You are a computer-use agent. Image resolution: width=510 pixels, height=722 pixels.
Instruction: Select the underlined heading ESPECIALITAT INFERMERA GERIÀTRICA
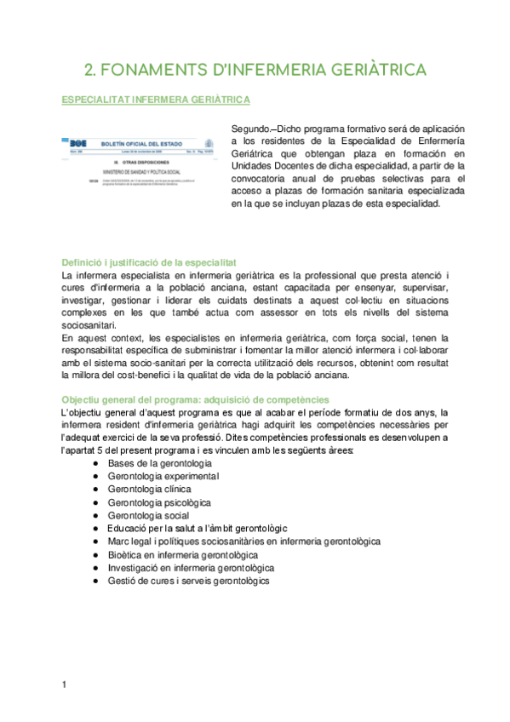[x=157, y=100]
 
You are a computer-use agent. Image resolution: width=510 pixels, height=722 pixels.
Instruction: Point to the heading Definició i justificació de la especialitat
[x=149, y=262]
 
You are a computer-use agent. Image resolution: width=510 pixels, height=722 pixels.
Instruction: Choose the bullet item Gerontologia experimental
[x=163, y=476]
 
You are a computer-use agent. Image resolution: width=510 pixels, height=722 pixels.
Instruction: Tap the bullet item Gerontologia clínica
[x=150, y=489]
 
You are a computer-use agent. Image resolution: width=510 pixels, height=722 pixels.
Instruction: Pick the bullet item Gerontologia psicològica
[x=158, y=502]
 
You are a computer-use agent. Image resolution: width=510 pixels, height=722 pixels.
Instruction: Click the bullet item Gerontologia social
[x=148, y=515]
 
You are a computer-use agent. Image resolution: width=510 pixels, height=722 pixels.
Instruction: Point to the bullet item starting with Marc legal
[x=244, y=541]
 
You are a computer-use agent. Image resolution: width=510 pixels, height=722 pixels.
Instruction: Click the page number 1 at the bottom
[x=65, y=685]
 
